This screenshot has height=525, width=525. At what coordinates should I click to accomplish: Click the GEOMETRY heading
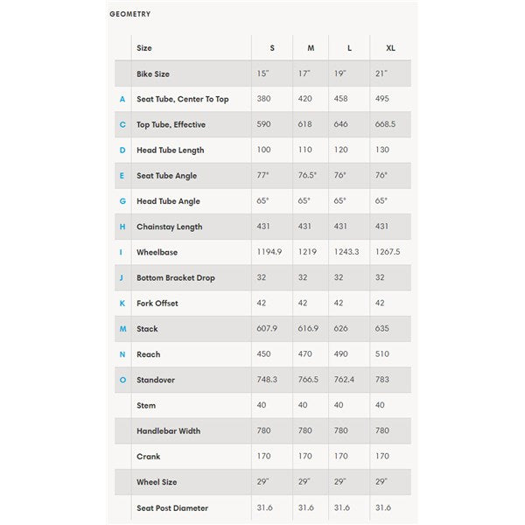click(130, 14)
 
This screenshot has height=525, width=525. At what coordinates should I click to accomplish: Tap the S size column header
click(271, 48)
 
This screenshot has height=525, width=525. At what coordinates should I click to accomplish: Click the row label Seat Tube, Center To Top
click(182, 99)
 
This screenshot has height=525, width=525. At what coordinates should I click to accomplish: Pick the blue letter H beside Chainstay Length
click(122, 227)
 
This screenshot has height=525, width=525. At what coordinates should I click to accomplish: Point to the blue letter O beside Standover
click(122, 380)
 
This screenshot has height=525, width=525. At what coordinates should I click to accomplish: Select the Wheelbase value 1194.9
click(270, 252)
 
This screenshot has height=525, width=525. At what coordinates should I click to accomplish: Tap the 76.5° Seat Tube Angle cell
click(309, 176)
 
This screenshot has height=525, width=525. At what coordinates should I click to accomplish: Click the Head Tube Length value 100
click(264, 150)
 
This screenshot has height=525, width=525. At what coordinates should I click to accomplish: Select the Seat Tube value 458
click(340, 99)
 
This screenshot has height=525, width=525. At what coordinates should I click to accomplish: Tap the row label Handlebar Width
click(168, 430)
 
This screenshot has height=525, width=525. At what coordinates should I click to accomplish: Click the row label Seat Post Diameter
click(172, 507)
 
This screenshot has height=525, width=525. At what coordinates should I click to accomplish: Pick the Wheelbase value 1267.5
click(385, 252)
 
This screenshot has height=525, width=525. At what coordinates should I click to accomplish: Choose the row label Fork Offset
click(157, 304)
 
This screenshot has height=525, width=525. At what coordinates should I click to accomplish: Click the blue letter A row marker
click(122, 99)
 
